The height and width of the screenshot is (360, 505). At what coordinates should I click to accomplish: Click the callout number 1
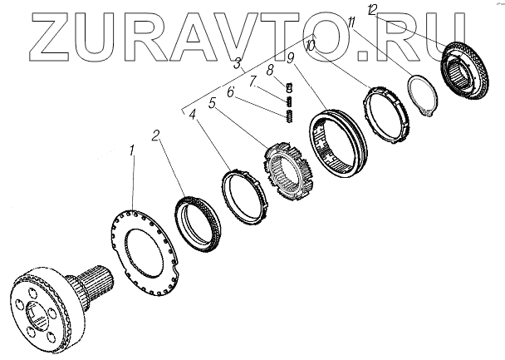point(131,151)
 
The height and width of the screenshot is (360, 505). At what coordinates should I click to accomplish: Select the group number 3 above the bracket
point(238,62)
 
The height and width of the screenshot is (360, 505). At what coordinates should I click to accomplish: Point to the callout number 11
point(352,32)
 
